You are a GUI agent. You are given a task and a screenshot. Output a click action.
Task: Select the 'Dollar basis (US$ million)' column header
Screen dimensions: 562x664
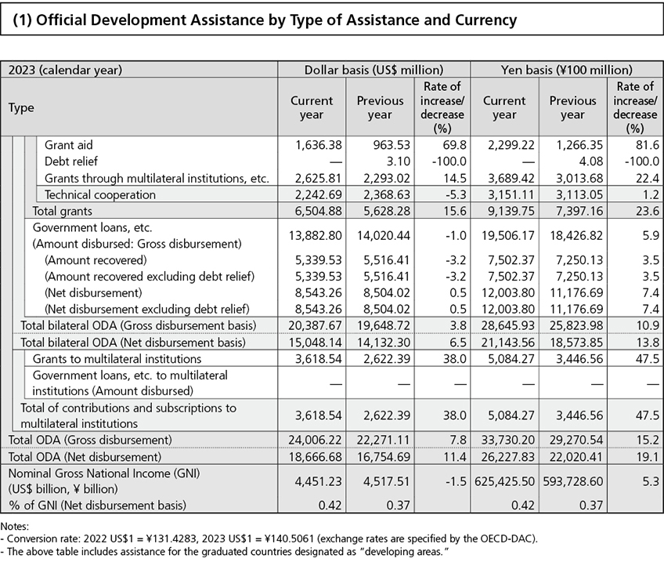[373, 70]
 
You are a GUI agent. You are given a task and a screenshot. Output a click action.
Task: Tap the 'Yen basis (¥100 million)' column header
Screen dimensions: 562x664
[566, 70]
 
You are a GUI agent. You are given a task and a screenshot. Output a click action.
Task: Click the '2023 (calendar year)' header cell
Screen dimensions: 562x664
[66, 70]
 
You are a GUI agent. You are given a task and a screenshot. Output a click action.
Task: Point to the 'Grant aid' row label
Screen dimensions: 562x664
[74, 145]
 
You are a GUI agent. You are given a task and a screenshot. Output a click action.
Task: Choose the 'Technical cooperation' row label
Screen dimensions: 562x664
[100, 194]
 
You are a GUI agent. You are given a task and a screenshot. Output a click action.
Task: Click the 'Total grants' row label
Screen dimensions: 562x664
[62, 211]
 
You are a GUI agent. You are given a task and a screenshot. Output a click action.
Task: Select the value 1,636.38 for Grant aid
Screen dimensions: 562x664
[312, 145]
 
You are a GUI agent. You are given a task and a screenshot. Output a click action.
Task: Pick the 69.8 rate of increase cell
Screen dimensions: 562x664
[453, 145]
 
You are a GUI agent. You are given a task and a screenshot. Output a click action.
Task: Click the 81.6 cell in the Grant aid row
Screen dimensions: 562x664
[645, 145]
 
